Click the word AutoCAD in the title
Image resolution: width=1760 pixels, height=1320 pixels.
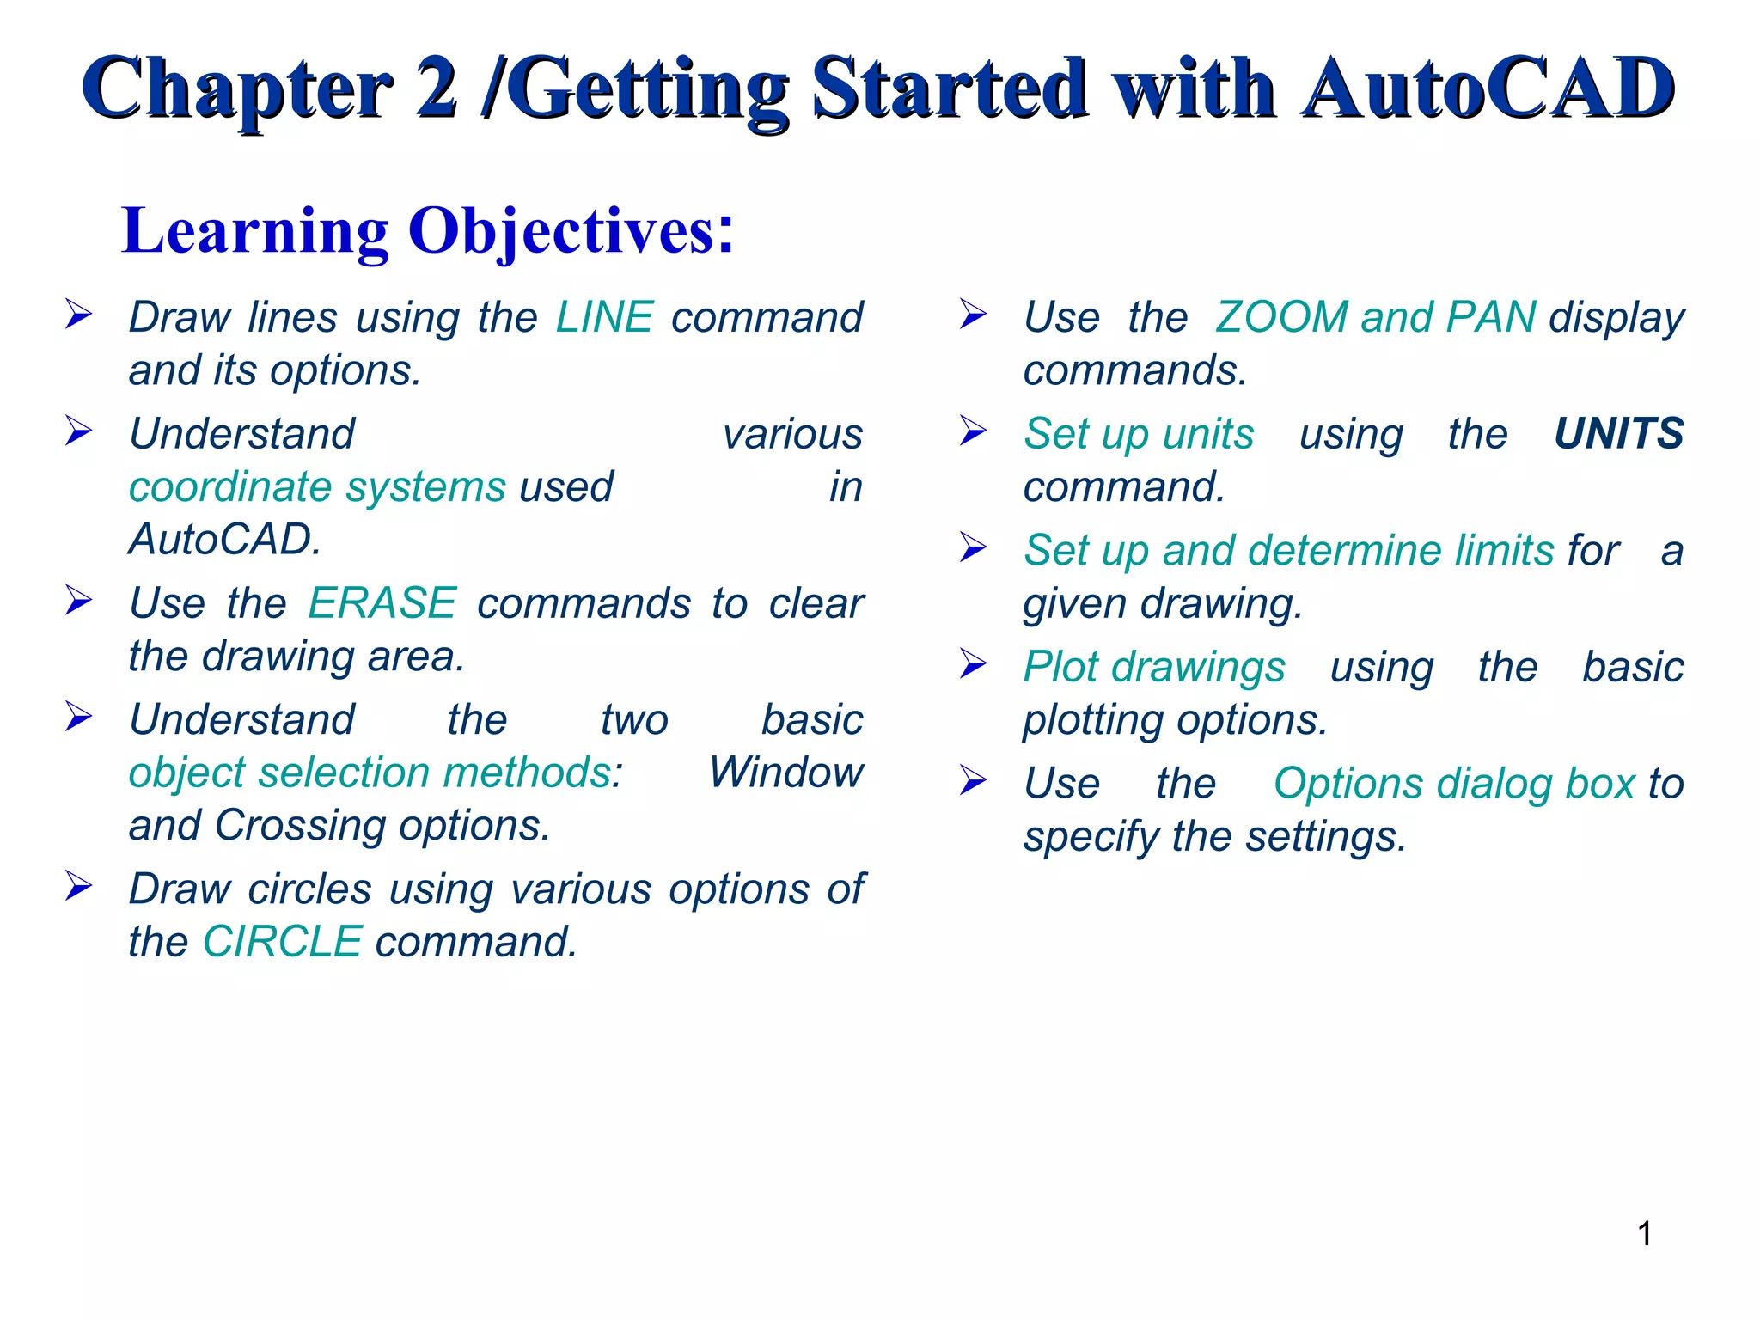point(1487,89)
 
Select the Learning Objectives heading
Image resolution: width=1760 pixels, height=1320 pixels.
point(428,230)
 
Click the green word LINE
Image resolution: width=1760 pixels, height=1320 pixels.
point(604,317)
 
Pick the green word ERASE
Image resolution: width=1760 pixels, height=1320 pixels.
point(382,602)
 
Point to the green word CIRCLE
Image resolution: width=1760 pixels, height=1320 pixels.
point(282,941)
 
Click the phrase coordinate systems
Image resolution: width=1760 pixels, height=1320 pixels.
point(317,487)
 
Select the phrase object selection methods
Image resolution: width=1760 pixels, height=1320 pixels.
point(370,773)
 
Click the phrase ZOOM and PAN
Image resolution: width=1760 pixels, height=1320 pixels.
point(1375,317)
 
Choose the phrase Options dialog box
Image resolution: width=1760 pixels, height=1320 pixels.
point(1453,784)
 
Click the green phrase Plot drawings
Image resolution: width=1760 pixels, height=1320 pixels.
point(1154,667)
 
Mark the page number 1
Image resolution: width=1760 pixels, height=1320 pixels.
point(1644,1234)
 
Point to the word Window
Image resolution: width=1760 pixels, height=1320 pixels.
point(785,773)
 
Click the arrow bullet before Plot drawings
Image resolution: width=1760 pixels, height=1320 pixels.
point(973,663)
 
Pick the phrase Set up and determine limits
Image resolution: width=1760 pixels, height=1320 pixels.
point(1288,550)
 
